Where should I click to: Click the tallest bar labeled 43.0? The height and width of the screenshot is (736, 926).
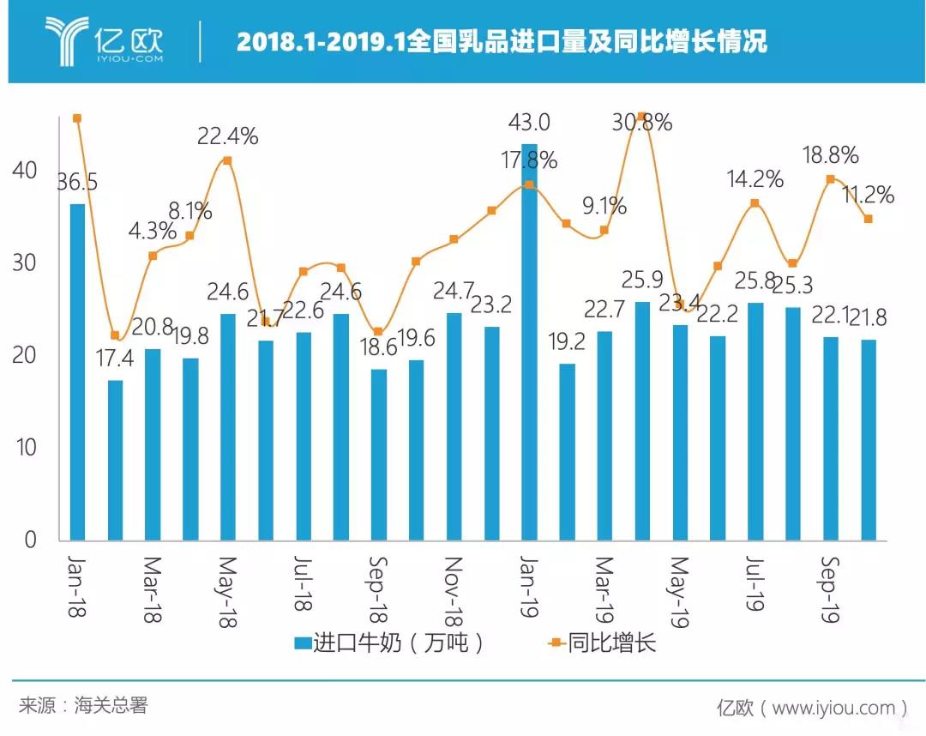tap(530, 343)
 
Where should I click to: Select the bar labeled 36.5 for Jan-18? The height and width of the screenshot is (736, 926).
tap(77, 373)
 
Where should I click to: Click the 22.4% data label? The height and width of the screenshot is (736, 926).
tap(227, 136)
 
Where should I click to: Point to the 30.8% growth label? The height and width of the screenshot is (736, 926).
tap(643, 123)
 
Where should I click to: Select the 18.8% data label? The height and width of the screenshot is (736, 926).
tap(830, 155)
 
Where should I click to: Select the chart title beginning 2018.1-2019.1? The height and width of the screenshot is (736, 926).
tap(502, 41)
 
